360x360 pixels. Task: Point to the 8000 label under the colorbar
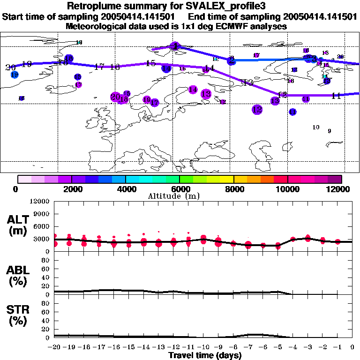(x=233, y=189)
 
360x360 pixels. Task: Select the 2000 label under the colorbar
(x=71, y=189)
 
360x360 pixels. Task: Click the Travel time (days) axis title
(x=205, y=355)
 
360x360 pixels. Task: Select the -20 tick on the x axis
(x=54, y=347)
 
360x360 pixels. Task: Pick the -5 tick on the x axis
(x=277, y=347)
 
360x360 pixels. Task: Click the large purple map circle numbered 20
(x=115, y=97)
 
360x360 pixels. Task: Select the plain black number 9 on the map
(x=330, y=131)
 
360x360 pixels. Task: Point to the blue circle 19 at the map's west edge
(x=14, y=75)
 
